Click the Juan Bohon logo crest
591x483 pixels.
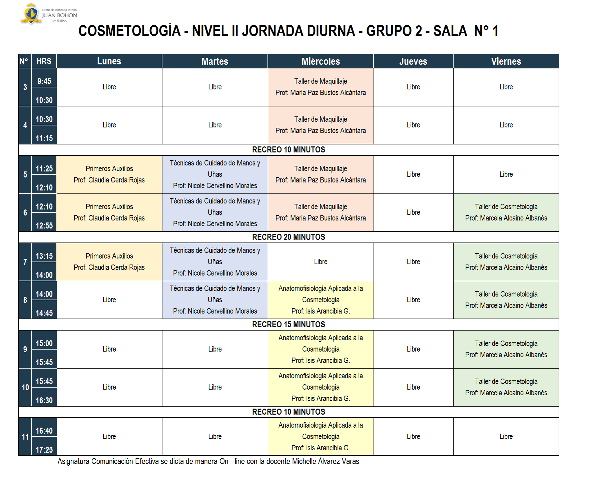point(31,14)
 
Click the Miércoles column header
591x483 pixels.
point(321,61)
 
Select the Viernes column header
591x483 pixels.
point(506,61)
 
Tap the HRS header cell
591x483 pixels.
point(44,61)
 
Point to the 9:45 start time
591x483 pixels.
point(44,81)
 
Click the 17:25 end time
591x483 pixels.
point(44,450)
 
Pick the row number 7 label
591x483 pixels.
point(25,262)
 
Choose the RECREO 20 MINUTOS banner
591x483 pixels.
point(288,237)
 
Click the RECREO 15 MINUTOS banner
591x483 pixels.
point(288,325)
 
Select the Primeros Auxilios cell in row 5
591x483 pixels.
point(109,174)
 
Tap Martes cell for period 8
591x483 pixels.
point(215,300)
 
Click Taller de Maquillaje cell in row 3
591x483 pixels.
point(321,87)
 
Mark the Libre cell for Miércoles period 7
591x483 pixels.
point(321,262)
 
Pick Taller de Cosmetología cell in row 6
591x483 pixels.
point(506,212)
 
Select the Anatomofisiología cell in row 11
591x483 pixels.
point(321,437)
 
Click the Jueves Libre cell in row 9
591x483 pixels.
point(413,349)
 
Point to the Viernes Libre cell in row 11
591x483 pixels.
point(506,437)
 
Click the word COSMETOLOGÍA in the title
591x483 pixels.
point(129,31)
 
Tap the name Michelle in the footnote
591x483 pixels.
point(304,461)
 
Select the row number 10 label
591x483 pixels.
point(25,388)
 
